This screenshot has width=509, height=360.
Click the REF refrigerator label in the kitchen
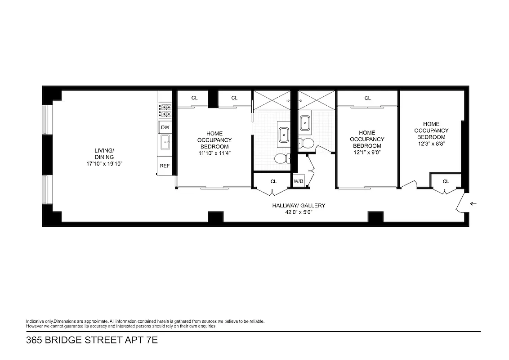pos(165,166)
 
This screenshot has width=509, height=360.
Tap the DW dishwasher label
pos(165,127)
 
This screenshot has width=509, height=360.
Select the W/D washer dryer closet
pos(299,181)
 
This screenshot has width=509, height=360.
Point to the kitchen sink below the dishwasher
pos(165,142)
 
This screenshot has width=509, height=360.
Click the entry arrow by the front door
pos(473,204)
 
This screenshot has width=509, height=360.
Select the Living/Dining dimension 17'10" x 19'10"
pos(104,164)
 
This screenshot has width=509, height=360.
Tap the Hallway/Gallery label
pos(299,205)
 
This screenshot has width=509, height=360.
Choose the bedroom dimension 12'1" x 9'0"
pos(367,152)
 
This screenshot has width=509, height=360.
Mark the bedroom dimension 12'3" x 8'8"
pos(431,144)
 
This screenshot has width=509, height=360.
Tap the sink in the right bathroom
pos(306,122)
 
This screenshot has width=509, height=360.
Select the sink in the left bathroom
pos(285,134)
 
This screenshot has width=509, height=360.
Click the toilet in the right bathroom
pos(308,143)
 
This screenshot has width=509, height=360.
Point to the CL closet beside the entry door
pos(446,182)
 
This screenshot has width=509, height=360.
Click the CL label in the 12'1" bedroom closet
pos(367,98)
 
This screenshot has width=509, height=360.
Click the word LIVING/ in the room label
pos(104,150)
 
